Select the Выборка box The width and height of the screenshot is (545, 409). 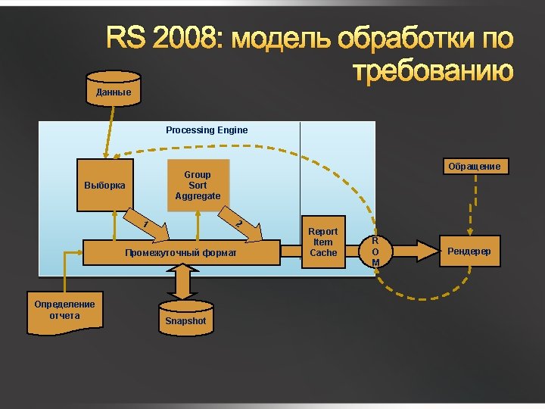[x=105, y=185]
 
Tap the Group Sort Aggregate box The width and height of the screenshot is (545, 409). [x=198, y=185]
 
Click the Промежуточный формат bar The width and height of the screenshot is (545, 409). [x=181, y=252]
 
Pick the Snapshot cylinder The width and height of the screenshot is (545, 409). [x=185, y=315]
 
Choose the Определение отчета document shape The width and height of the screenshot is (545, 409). [x=64, y=311]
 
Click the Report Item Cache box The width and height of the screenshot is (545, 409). [x=323, y=242]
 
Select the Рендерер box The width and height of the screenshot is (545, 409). [x=469, y=251]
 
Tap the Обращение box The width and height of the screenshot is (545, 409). [x=474, y=166]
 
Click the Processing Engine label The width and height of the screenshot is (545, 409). [x=207, y=130]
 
